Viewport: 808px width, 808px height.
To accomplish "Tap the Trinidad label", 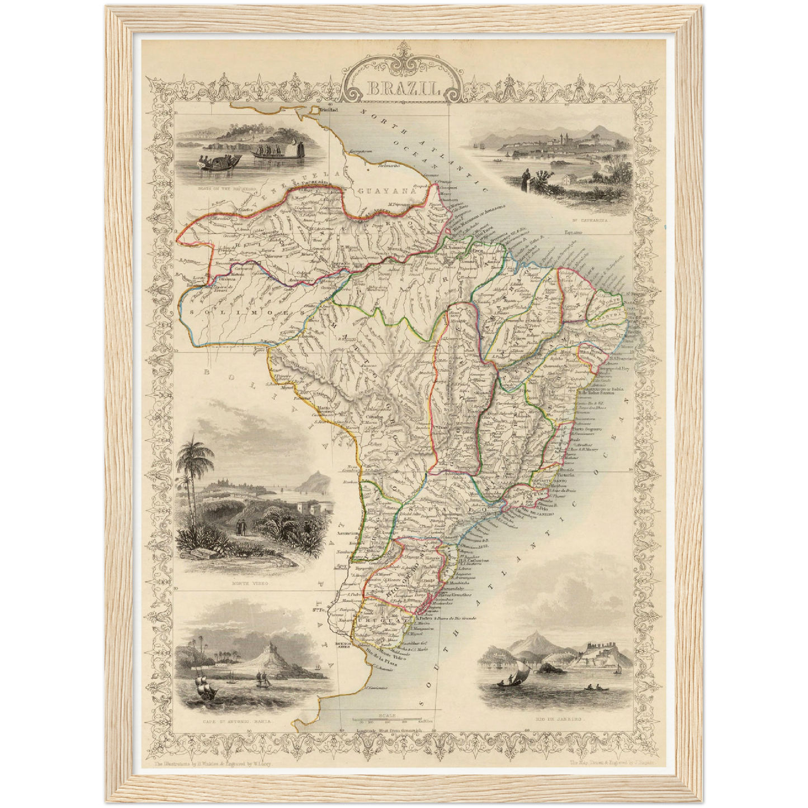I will coord(329,111).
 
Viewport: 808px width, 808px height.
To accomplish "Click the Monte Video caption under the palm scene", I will coord(249,583).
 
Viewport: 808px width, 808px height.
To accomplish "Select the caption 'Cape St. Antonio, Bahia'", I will coord(239,721).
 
